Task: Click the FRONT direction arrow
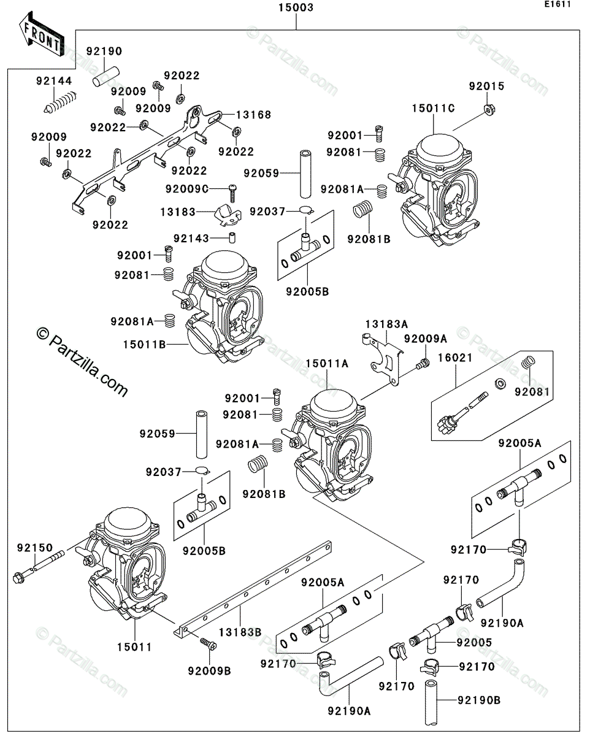(42, 34)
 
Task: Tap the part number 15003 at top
(296, 8)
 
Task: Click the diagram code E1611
(557, 4)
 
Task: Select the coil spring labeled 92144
(60, 102)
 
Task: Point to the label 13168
(253, 115)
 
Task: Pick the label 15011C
(433, 108)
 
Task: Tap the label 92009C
(187, 190)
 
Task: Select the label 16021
(455, 358)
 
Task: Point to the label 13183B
(240, 632)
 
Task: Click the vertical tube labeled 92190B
(431, 702)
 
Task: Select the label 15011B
(145, 344)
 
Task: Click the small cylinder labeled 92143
(232, 237)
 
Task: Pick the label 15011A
(327, 364)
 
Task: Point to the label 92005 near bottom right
(474, 642)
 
